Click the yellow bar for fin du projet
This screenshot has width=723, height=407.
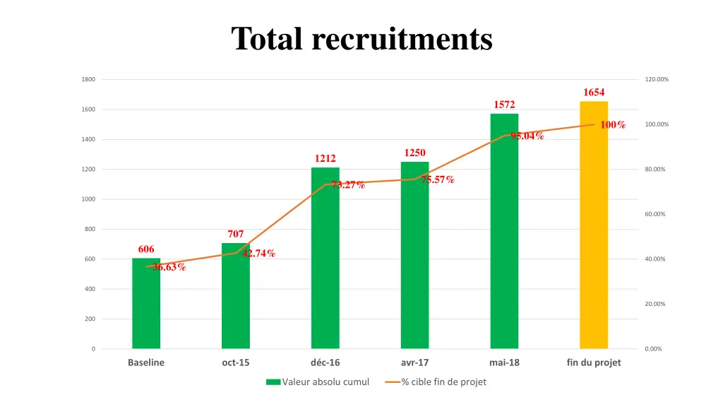click(x=594, y=226)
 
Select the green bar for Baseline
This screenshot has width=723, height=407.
click(x=146, y=304)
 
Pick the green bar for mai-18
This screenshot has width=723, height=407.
click(x=504, y=233)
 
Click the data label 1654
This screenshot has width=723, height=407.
click(x=594, y=93)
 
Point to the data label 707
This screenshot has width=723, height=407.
click(x=236, y=234)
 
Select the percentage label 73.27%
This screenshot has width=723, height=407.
click(x=348, y=185)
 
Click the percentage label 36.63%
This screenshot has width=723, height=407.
click(x=169, y=267)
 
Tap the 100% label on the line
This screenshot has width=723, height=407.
click(x=613, y=125)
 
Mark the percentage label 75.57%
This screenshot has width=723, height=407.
click(x=438, y=179)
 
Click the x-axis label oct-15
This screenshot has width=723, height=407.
click(x=235, y=362)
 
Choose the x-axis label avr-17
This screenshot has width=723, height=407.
click(x=414, y=362)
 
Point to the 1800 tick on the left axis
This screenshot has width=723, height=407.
click(x=88, y=79)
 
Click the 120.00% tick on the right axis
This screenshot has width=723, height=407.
click(x=657, y=79)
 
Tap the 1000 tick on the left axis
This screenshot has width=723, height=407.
click(x=88, y=199)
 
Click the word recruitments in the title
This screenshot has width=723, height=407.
click(x=402, y=38)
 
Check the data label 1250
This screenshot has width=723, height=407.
click(x=414, y=153)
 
